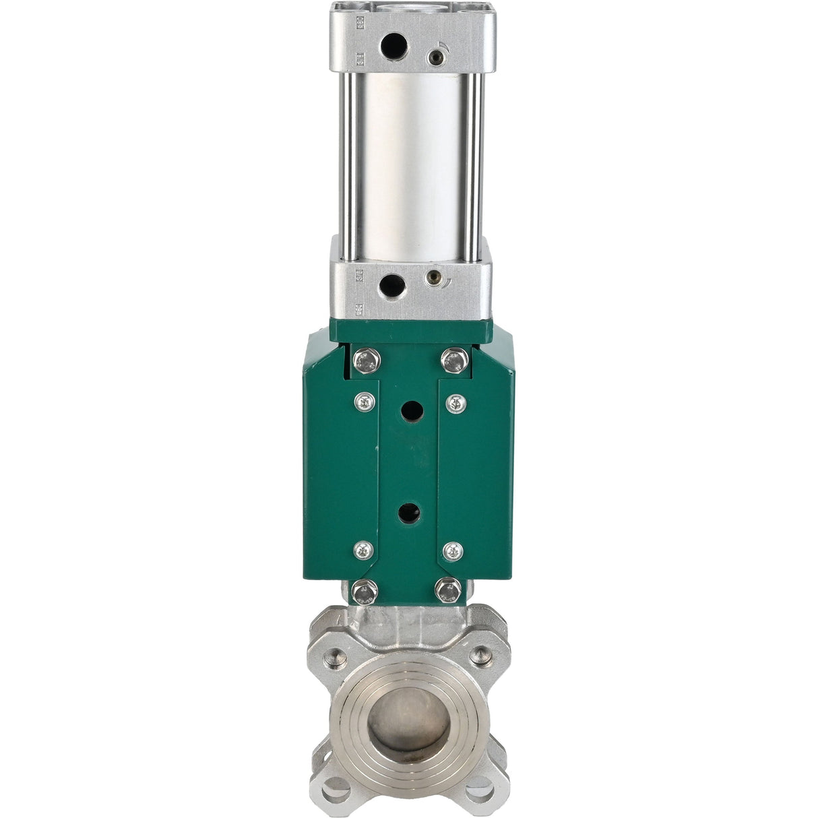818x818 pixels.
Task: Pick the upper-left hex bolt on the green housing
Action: pos(367,361)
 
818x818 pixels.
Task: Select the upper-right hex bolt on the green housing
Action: pos(455,360)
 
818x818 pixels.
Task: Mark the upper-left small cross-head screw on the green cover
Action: pos(365,402)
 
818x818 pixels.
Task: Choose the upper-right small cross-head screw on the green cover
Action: pos(456,403)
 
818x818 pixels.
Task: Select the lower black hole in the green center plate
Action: pos(410,513)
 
